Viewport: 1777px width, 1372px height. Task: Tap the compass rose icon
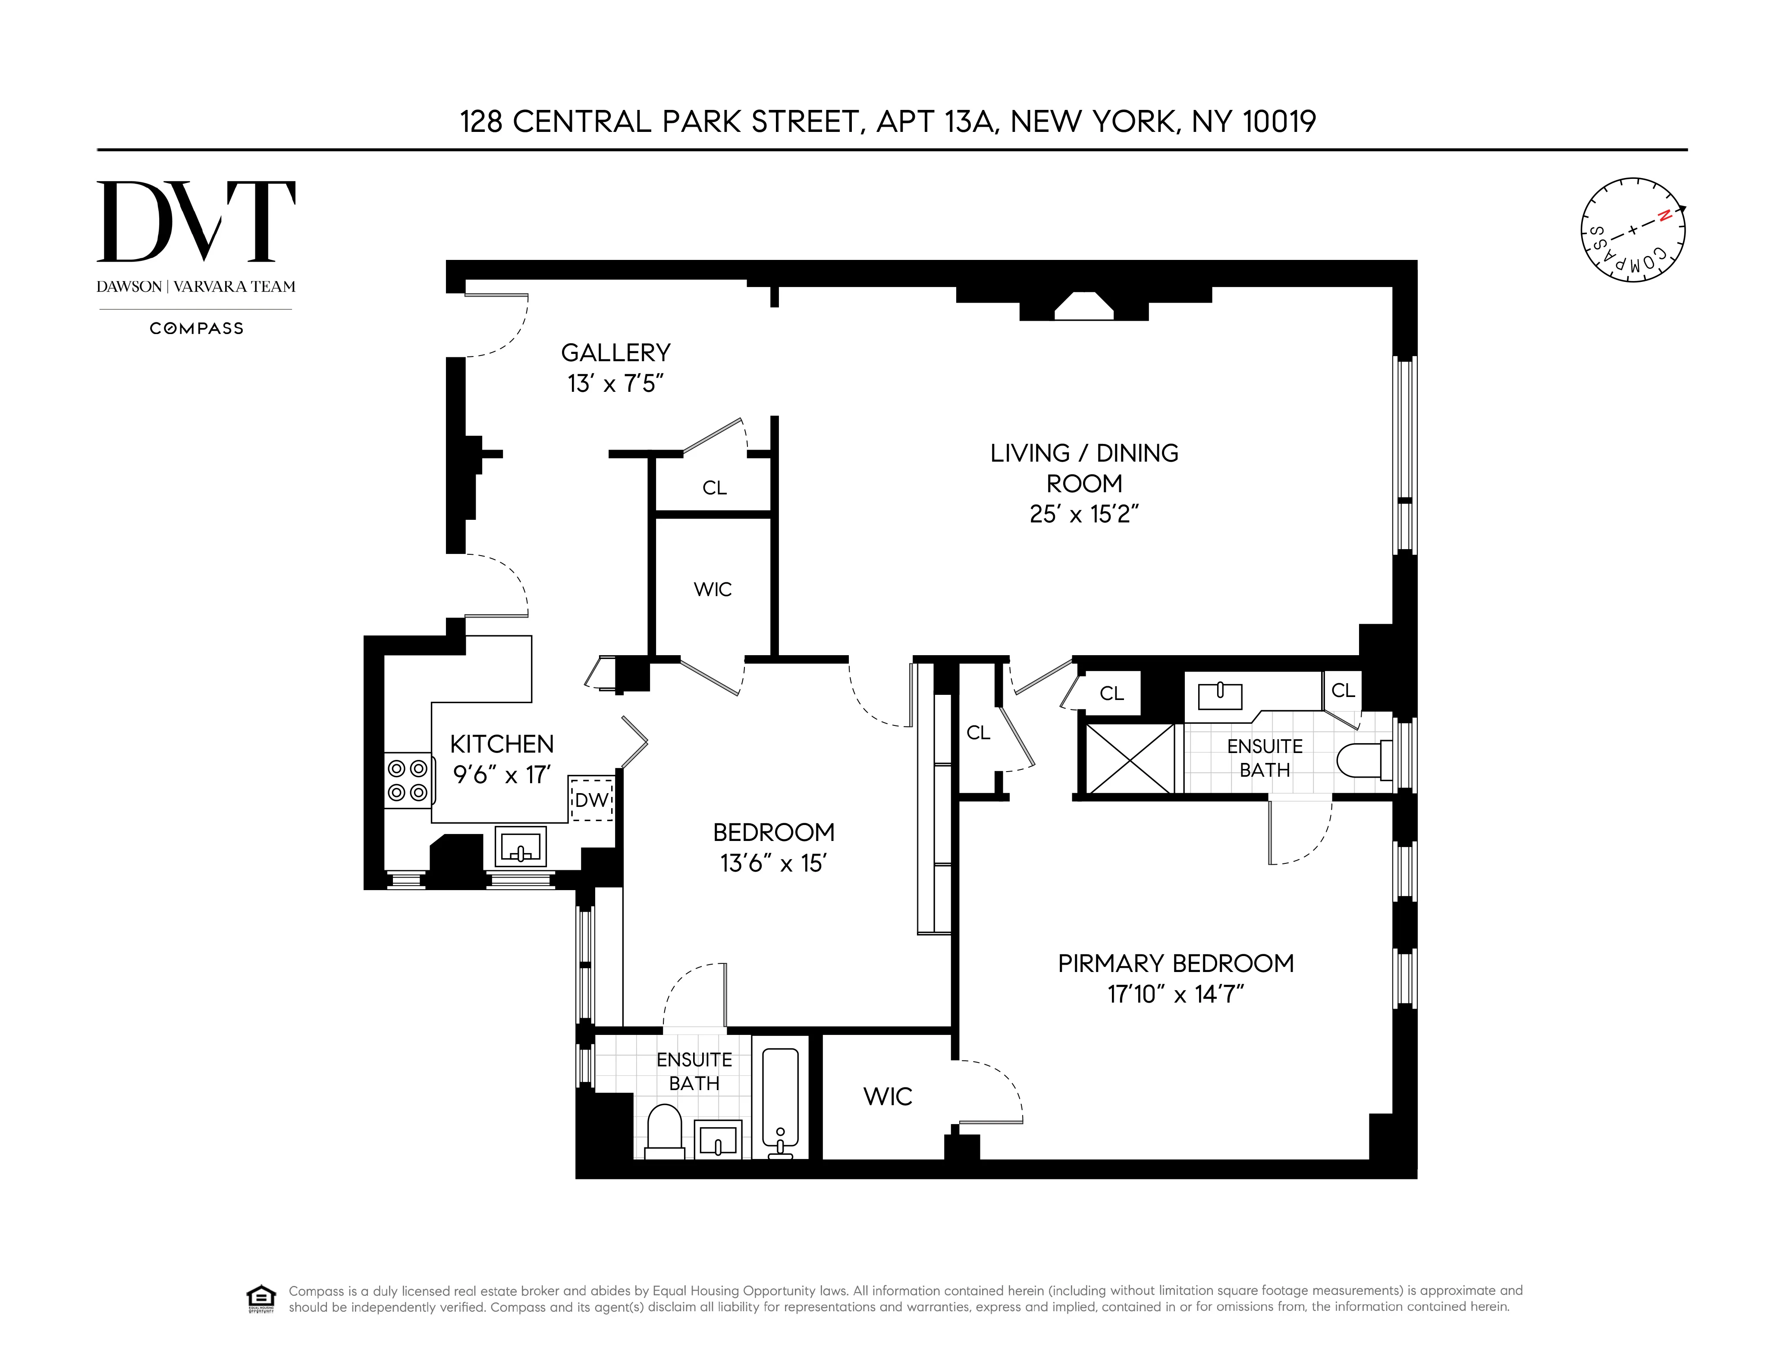1632,230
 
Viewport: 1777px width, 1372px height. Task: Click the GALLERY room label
615,353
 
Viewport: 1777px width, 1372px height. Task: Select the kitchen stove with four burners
407,780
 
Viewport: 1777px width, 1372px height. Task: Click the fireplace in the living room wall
1084,306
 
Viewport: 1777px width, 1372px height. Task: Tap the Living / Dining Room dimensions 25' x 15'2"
1084,514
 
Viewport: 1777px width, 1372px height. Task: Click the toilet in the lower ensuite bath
664,1131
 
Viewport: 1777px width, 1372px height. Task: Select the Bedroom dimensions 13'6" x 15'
773,863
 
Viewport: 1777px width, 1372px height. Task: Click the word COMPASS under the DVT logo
196,328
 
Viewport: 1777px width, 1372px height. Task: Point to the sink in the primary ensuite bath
1220,695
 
